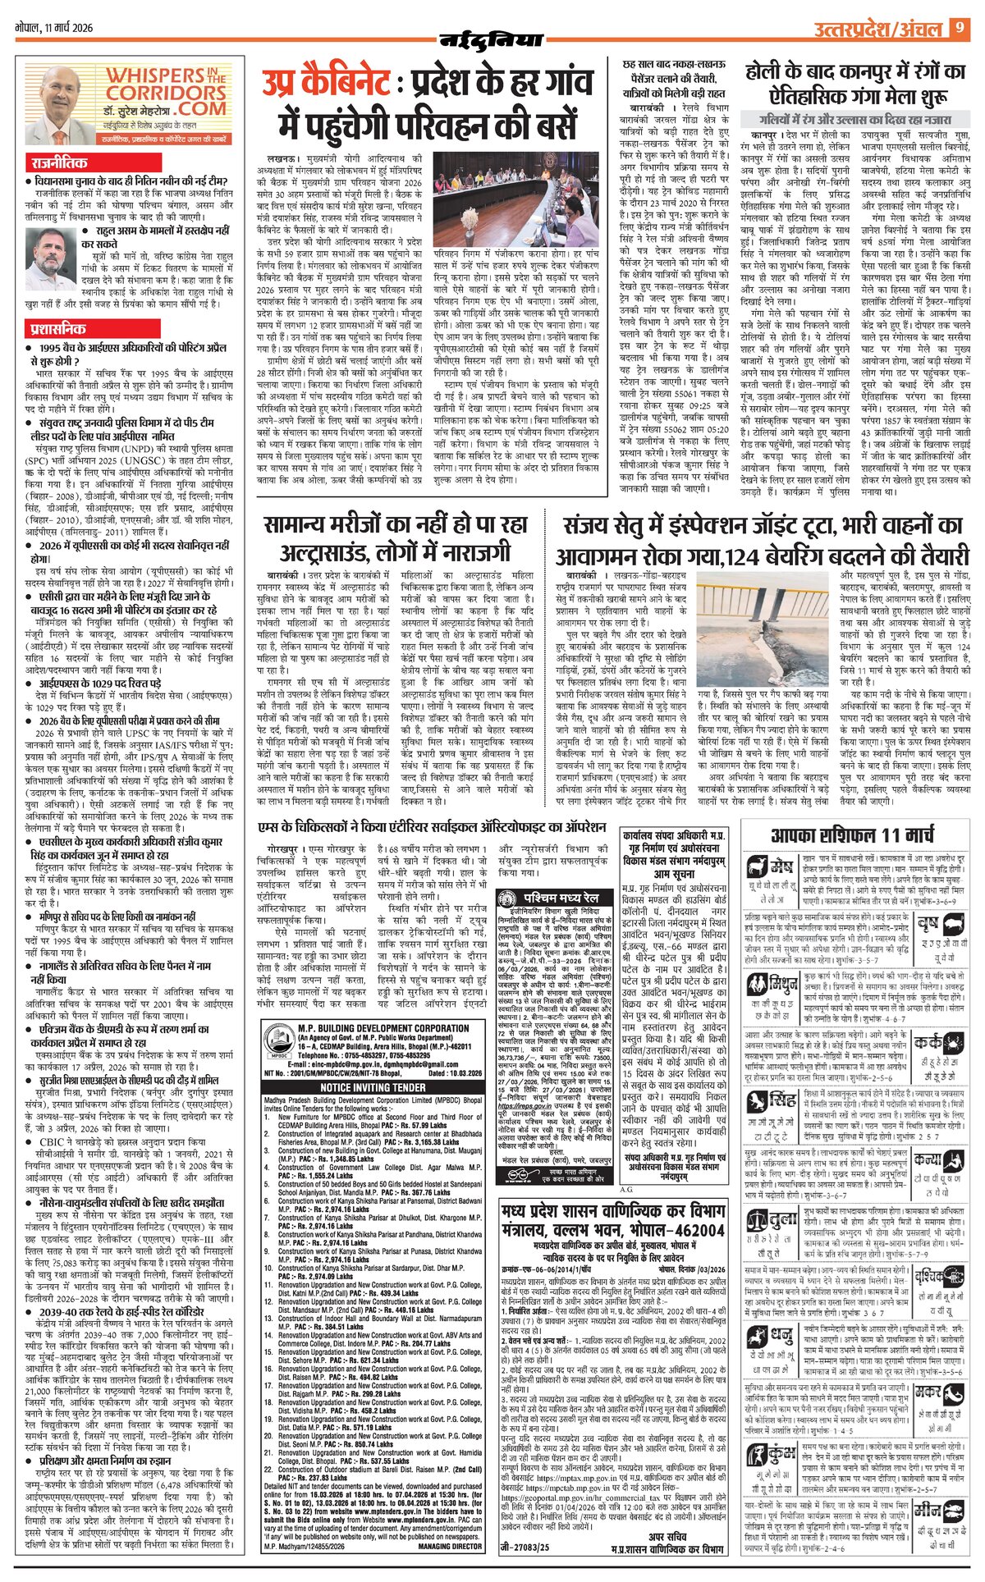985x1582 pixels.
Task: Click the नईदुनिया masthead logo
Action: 491,39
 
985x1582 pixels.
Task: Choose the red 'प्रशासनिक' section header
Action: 56,329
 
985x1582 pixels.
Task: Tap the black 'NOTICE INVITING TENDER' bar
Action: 373,1086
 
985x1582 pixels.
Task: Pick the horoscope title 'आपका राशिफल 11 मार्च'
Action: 853,836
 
